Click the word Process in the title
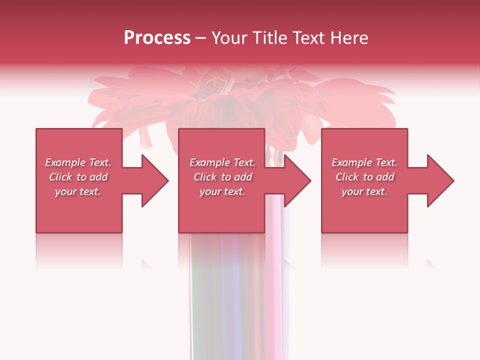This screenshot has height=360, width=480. (157, 38)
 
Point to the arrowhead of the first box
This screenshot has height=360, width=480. (152, 180)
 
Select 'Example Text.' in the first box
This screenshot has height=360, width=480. (78, 162)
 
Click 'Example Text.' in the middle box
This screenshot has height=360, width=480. (222, 162)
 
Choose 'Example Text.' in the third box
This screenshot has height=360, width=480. (364, 162)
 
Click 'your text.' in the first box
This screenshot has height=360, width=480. (78, 191)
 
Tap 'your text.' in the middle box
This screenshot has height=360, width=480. (222, 191)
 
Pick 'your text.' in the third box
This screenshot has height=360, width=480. (364, 191)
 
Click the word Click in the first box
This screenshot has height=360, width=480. (61, 177)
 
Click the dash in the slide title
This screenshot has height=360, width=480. (200, 38)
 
